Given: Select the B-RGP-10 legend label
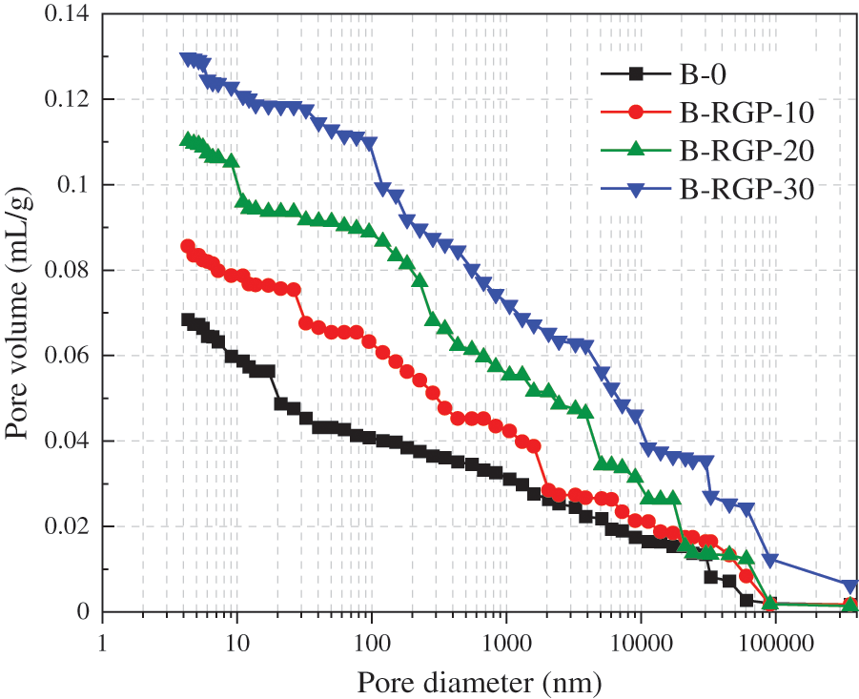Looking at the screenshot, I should (x=746, y=113).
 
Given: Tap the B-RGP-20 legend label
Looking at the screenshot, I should (x=746, y=151).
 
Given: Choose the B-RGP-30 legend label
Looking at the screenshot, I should (x=746, y=190).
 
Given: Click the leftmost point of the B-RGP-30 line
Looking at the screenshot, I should (x=187, y=59).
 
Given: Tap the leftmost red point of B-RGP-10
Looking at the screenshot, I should (x=188, y=246).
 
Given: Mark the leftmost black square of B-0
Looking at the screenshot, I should (x=188, y=320).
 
